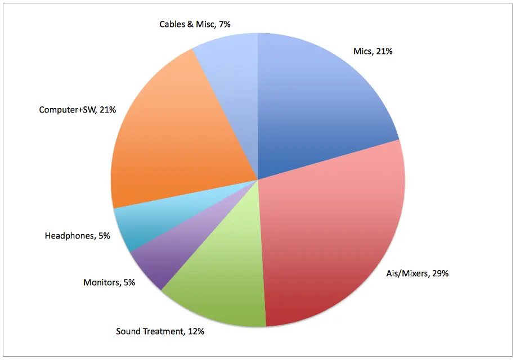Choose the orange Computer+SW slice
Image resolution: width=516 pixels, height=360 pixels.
tap(169, 141)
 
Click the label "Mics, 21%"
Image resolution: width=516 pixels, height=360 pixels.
tap(373, 51)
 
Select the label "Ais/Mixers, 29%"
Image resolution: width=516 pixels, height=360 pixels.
tap(418, 274)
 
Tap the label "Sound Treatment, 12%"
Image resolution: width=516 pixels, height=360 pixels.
tap(160, 331)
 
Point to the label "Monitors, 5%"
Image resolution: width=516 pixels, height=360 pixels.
tap(109, 282)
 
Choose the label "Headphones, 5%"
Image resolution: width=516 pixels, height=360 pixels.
tap(77, 236)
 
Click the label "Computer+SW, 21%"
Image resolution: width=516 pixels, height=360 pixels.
tap(77, 110)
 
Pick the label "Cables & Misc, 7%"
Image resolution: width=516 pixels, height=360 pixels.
tap(195, 24)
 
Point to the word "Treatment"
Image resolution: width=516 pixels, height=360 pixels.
tap(164, 331)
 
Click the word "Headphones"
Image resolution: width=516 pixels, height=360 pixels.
tap(69, 236)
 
